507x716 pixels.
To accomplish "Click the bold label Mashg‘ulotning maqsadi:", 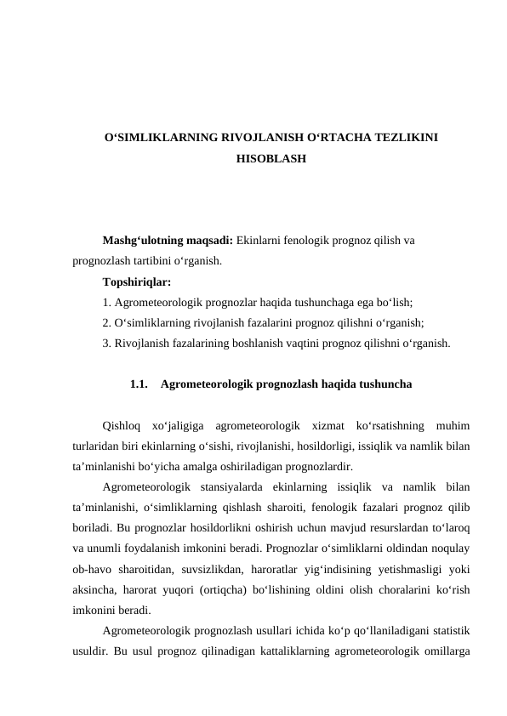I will [x=167, y=241].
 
